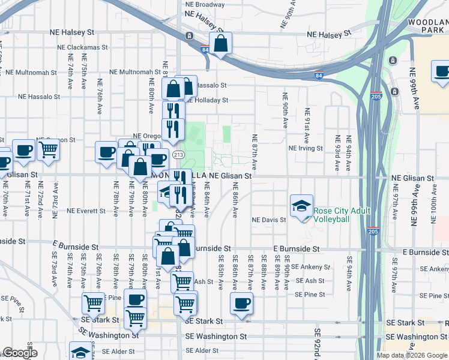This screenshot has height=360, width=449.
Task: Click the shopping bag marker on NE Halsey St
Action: (221, 44)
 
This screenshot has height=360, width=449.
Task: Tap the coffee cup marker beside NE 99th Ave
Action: (442, 73)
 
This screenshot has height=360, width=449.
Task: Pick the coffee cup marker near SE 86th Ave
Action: (241, 304)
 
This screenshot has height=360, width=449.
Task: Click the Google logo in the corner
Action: (20, 353)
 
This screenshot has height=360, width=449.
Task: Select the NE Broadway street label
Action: (205, 4)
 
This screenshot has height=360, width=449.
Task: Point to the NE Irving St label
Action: (306, 148)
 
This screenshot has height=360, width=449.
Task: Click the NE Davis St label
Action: (268, 220)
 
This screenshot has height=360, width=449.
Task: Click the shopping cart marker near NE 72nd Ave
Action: (48, 149)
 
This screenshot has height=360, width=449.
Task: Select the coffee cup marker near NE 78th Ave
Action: (106, 152)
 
